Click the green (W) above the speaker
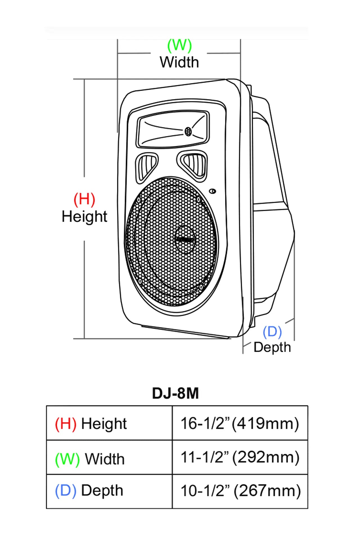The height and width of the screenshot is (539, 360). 179,46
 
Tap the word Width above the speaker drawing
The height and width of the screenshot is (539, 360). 179,62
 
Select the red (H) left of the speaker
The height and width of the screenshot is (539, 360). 84,199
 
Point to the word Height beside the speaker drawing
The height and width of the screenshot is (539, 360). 84,217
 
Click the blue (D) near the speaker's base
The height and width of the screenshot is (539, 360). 272,332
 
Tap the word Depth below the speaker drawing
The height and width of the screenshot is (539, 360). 272,348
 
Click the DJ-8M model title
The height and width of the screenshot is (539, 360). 175,393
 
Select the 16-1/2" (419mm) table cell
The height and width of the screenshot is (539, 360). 240,423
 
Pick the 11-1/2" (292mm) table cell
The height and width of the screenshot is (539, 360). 240,457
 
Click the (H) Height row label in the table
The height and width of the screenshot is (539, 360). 91,424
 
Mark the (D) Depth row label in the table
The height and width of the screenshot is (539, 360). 89,491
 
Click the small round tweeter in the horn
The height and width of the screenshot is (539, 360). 188,131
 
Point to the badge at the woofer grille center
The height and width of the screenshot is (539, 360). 185,239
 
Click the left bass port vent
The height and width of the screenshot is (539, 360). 146,166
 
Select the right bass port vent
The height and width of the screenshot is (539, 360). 194,164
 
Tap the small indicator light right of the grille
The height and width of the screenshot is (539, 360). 213,191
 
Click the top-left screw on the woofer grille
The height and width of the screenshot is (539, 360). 139,200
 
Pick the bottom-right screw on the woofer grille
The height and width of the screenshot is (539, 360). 201,287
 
